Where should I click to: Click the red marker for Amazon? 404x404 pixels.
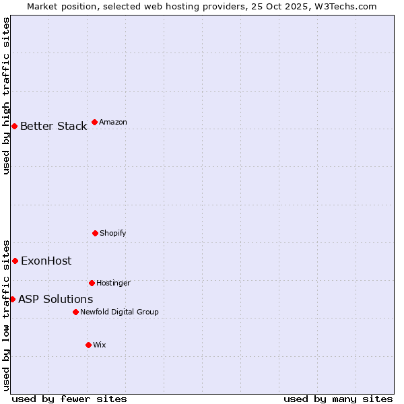coord(94,122)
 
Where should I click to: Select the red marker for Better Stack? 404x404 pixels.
coord(14,126)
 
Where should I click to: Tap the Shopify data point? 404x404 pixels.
coord(95,233)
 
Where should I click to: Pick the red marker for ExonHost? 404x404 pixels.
coord(15,261)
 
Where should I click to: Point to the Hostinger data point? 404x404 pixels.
coord(92,283)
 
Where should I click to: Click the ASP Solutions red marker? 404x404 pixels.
coord(12,299)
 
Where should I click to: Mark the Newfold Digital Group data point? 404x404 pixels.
coord(75,312)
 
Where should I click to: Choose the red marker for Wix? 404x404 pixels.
coord(88,345)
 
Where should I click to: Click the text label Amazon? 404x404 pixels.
coord(113,122)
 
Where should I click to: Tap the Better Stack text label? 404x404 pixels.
coord(54,126)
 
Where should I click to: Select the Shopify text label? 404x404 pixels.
coord(113,233)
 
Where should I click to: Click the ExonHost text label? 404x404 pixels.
coord(46,261)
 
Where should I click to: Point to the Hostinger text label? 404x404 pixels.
coord(113,283)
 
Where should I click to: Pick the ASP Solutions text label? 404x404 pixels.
coord(56,299)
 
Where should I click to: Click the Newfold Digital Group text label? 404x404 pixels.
coord(119,312)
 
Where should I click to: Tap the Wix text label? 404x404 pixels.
coord(100,345)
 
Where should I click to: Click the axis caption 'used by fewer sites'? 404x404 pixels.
coord(69,399)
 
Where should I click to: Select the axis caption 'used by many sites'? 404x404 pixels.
coord(338,399)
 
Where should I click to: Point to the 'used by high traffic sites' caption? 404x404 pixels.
coord(6,96)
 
